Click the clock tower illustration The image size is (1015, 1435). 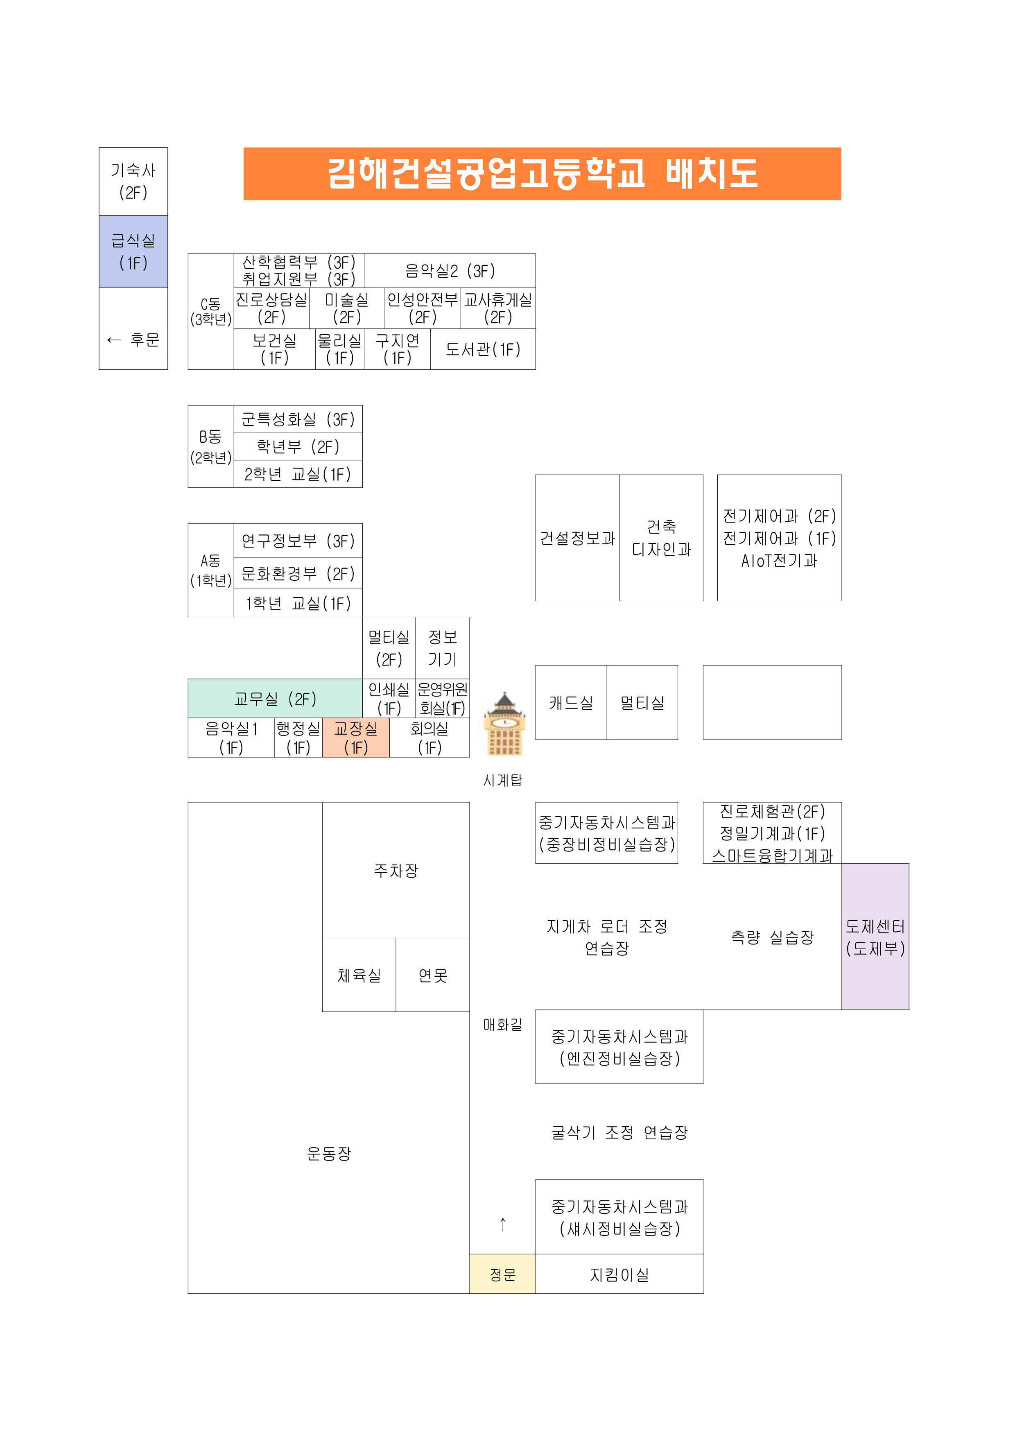click(x=504, y=724)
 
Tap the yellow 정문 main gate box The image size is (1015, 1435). click(x=502, y=1274)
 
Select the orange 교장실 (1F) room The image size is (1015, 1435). click(x=356, y=738)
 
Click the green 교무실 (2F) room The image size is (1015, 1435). click(x=275, y=699)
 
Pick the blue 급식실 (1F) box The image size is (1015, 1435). click(x=133, y=252)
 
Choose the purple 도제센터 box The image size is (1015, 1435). click(x=875, y=937)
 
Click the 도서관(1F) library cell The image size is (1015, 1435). click(x=482, y=349)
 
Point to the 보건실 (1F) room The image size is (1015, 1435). click(x=274, y=349)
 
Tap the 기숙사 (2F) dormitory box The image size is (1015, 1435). click(x=133, y=182)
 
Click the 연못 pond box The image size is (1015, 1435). click(x=432, y=975)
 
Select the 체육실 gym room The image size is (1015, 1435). click(x=359, y=975)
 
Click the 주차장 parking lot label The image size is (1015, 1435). click(x=396, y=871)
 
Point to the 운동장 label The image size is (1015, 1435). click(x=329, y=1154)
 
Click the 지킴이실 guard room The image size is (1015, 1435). click(x=619, y=1274)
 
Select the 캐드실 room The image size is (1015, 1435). click(x=571, y=702)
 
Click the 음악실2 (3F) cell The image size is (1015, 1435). click(x=450, y=271)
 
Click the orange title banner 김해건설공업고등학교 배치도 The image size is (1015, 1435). click(x=542, y=174)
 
